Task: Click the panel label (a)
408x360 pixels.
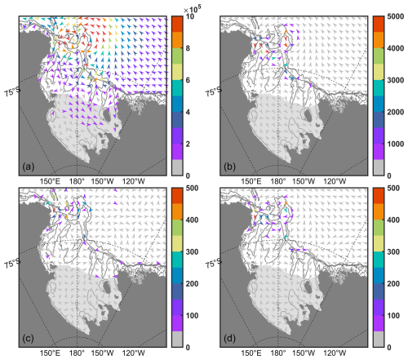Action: click(29, 167)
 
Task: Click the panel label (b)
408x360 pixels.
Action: click(230, 167)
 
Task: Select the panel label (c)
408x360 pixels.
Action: click(29, 338)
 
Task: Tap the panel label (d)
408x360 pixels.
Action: click(230, 338)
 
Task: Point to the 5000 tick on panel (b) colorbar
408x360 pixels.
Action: click(396, 16)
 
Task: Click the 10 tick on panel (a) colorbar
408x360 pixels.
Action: click(190, 16)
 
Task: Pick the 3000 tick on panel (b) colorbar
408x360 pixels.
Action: click(396, 80)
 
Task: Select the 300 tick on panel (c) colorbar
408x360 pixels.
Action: click(192, 252)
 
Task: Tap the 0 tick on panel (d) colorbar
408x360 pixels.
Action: click(389, 348)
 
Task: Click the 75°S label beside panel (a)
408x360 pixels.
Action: click(12, 91)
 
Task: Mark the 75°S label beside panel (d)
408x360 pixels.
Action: click(214, 263)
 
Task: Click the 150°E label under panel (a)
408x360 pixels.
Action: click(50, 181)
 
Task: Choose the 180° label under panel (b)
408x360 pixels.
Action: click(278, 181)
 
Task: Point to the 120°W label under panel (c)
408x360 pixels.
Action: click(133, 353)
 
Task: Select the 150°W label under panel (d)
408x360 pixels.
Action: click(304, 353)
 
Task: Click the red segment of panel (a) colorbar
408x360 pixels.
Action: click(177, 24)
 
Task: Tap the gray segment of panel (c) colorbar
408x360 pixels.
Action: click(177, 339)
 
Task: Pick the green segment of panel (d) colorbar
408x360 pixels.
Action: click(379, 228)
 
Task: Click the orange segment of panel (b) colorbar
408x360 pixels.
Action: click(379, 40)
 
